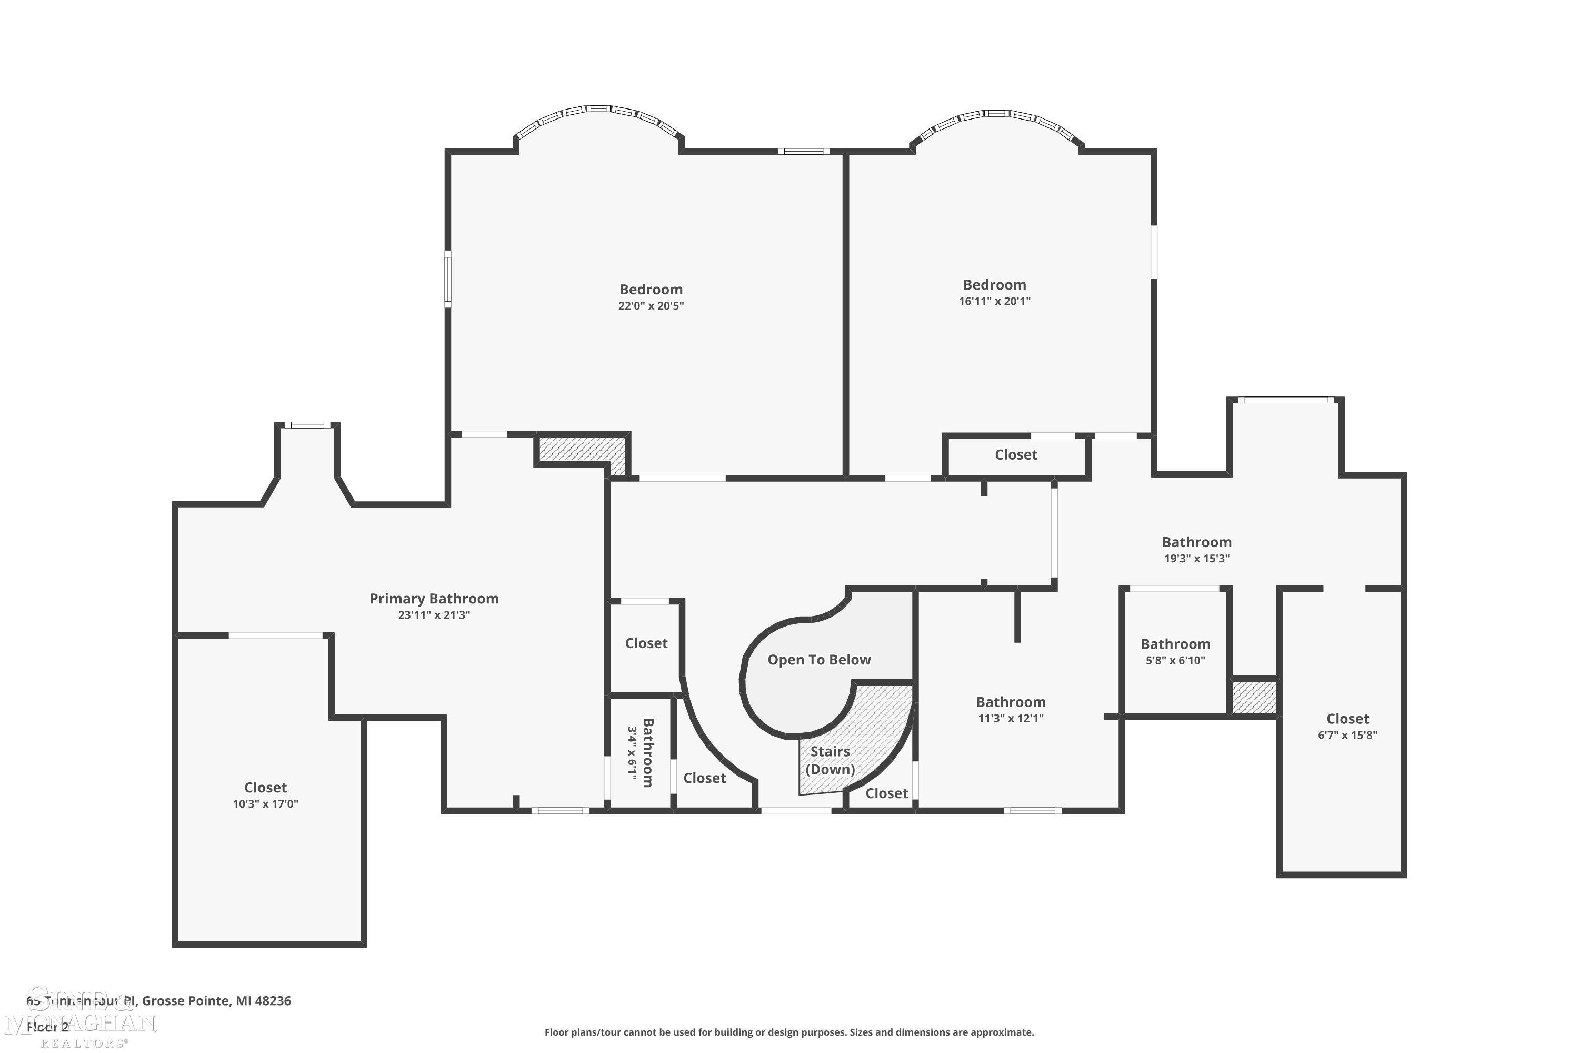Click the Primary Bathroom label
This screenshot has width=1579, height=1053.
pyautogui.click(x=434, y=598)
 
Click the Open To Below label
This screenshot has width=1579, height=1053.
pyautogui.click(x=818, y=660)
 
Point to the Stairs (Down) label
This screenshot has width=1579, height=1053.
pyautogui.click(x=830, y=760)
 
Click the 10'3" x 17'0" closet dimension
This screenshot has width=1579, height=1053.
pyautogui.click(x=265, y=804)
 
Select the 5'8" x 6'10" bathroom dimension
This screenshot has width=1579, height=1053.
pyautogui.click(x=1175, y=661)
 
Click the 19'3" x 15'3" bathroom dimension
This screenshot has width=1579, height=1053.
pyautogui.click(x=1196, y=559)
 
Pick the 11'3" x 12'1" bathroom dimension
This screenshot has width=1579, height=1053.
pyautogui.click(x=1011, y=719)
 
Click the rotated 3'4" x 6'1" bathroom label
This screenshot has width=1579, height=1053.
pyautogui.click(x=641, y=752)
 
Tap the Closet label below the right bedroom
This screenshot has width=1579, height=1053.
pyautogui.click(x=1015, y=455)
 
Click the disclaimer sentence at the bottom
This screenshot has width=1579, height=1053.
pyautogui.click(x=789, y=1032)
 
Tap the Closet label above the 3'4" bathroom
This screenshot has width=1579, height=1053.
pyautogui.click(x=646, y=643)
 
